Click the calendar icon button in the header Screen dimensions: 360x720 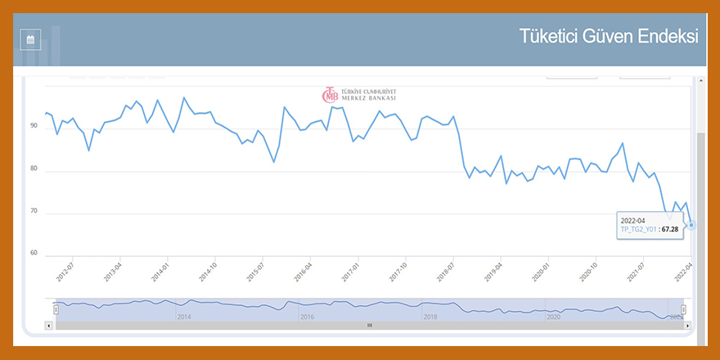tap(30, 39)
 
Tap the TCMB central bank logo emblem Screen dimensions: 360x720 tap(331, 95)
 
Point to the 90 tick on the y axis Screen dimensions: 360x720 tap(34, 126)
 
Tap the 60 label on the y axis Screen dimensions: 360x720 tap(34, 253)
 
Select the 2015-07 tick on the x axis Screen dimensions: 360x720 tap(255, 272)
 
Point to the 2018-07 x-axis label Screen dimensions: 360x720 tap(446, 272)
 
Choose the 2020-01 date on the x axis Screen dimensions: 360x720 tap(541, 272)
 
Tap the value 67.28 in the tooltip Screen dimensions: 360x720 tap(670, 230)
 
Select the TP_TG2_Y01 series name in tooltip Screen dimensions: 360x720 tap(638, 230)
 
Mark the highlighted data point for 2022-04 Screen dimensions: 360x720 tap(691, 224)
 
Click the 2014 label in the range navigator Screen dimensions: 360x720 tap(183, 316)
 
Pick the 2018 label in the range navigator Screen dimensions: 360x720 tap(430, 316)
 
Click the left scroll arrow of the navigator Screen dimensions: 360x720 tap(49, 325)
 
